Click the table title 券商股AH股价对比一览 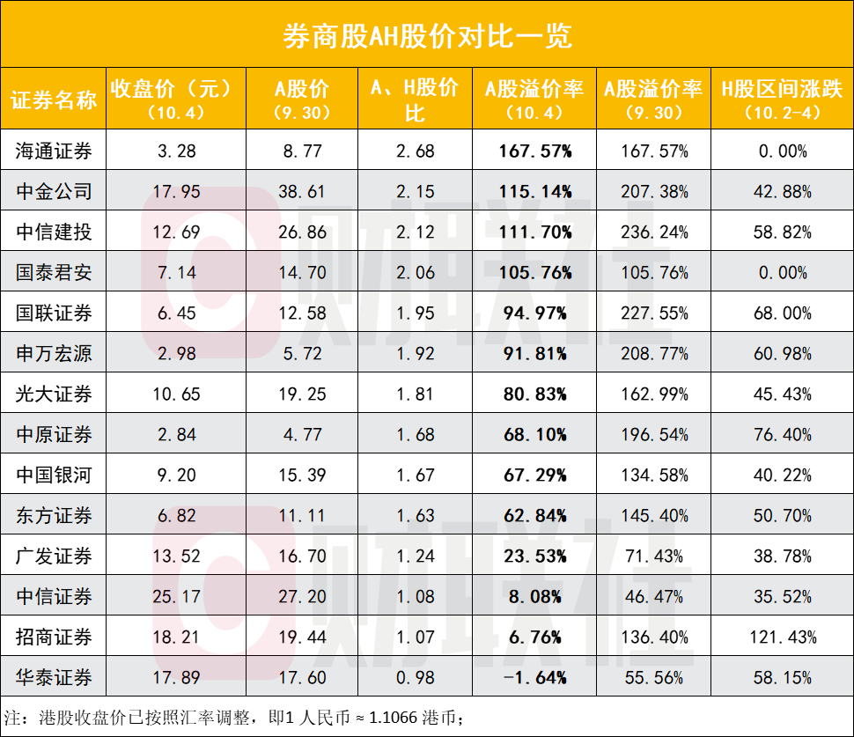pos(427,34)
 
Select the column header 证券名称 pos(54,99)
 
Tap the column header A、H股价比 pos(415,99)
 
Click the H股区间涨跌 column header pos(782,99)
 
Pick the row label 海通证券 pos(54,151)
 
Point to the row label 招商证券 pos(54,637)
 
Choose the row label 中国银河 pos(54,475)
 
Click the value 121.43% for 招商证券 pos(782,637)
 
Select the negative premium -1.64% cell pos(535,677)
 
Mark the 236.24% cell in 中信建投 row pos(653,232)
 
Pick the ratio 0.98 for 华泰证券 pos(415,677)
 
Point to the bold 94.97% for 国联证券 pos(535,313)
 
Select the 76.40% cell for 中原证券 pos(782,435)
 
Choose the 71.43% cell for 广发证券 pos(653,556)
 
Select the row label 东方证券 pos(54,516)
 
